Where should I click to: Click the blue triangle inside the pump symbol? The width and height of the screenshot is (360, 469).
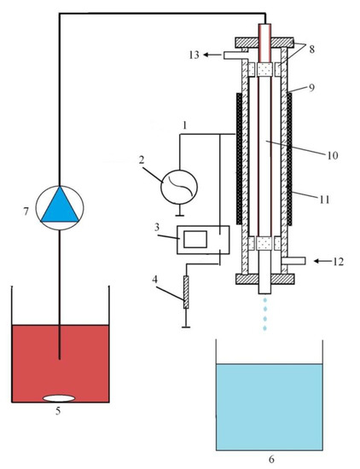[x=60, y=206]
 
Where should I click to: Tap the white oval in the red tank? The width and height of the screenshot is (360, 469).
[x=59, y=398]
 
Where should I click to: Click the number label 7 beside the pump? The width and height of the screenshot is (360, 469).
[x=26, y=211]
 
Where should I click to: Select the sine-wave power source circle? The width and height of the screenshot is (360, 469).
[x=179, y=188]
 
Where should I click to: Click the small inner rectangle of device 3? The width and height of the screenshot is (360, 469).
[x=195, y=240]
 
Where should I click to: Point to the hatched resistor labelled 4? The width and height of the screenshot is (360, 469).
[x=186, y=292]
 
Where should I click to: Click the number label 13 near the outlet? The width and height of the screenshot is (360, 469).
[x=194, y=55]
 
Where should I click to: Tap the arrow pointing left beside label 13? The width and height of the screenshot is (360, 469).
[x=212, y=55]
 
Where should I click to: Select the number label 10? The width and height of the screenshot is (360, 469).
[x=332, y=155]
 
